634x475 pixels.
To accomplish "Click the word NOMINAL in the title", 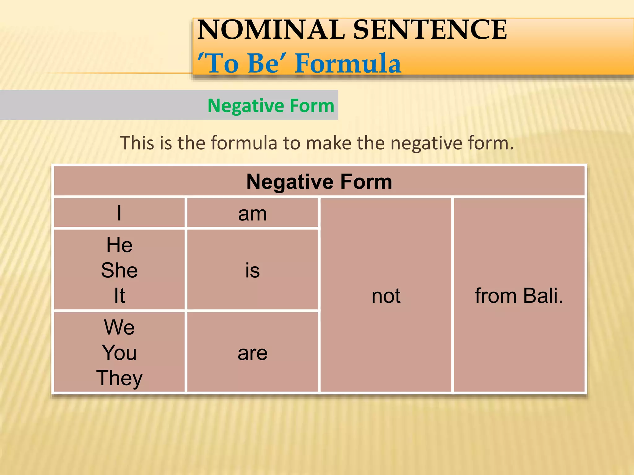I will (271, 30).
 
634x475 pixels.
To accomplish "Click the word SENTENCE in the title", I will (430, 30).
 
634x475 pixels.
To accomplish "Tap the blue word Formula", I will (347, 63).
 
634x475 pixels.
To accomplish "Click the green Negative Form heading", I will (271, 106).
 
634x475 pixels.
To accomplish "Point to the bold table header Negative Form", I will (319, 182).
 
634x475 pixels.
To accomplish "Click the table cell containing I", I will (119, 213).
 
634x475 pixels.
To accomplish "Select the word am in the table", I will (252, 214).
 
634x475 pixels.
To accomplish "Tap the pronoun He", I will (119, 245).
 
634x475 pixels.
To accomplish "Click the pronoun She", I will (119, 270).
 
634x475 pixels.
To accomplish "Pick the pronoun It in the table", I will (119, 296).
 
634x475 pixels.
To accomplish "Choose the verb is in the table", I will (252, 270).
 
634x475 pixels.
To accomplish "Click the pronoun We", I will (119, 327).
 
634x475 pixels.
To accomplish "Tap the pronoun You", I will (119, 353).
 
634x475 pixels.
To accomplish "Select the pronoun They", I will (119, 378).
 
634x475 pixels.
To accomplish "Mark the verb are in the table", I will (252, 353).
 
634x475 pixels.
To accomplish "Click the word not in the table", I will (386, 296).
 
